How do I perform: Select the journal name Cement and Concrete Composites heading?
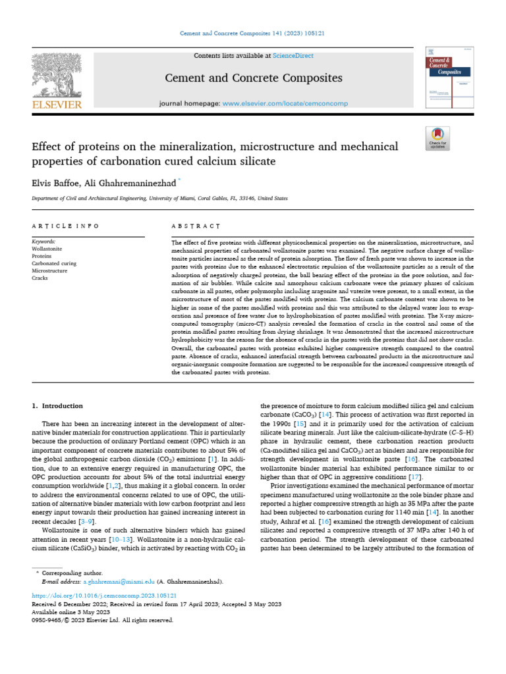click(253, 78)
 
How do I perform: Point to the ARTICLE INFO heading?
click(65, 226)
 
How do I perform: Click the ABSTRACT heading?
click(196, 226)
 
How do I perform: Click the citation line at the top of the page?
click(253, 33)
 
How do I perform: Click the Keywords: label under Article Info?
click(44, 242)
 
